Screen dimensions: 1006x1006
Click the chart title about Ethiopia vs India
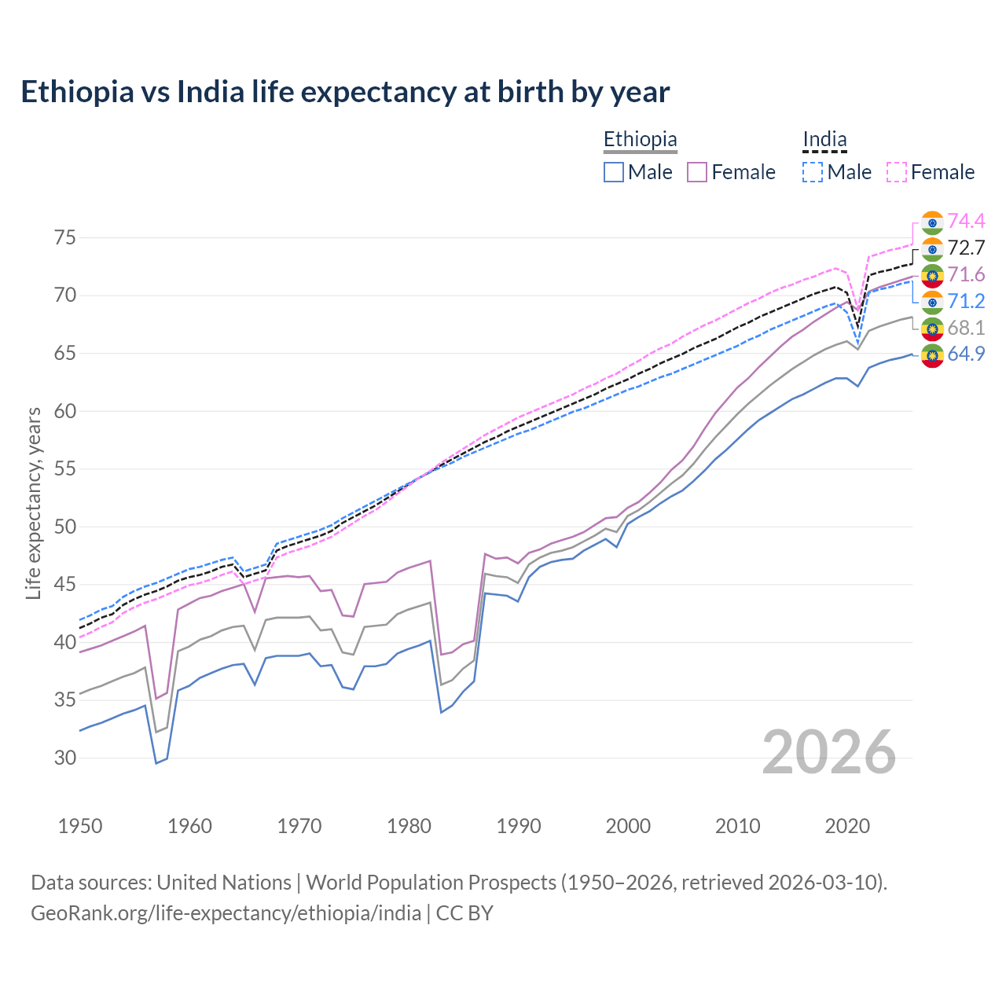[345, 92]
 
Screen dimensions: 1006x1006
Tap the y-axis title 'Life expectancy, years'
[33, 503]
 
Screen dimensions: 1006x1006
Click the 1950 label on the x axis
[80, 826]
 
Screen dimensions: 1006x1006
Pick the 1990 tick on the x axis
[519, 826]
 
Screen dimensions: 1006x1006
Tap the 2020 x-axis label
[847, 826]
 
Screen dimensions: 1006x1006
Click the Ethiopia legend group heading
[640, 140]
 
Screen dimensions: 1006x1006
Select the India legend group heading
[824, 140]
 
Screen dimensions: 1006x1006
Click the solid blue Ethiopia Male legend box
[614, 172]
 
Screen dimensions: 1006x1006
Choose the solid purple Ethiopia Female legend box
[697, 172]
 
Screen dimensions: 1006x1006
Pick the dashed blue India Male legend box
[813, 172]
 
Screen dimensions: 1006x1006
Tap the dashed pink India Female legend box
[897, 172]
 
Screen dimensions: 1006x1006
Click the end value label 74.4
[966, 221]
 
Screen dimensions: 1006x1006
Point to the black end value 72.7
[966, 248]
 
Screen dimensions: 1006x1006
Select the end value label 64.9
[966, 354]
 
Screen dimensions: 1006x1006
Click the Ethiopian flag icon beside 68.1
[932, 328]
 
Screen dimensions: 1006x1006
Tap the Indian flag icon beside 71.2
[932, 302]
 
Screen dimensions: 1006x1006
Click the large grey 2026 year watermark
[828, 752]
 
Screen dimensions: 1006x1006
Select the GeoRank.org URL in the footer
[226, 913]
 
